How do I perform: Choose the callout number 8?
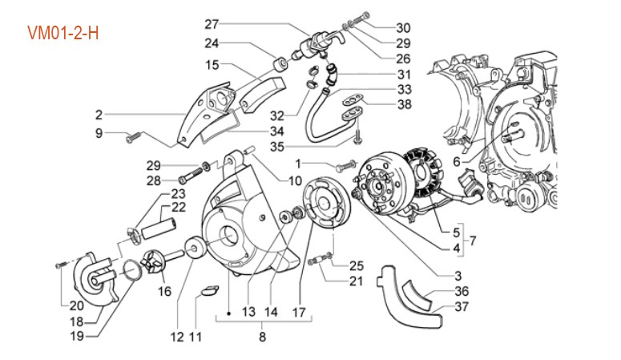[262, 337]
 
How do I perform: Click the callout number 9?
[99, 133]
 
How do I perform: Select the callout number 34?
[276, 131]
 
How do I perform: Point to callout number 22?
[178, 207]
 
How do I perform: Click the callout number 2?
[99, 113]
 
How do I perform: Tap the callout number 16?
[164, 291]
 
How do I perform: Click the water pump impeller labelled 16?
[155, 262]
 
